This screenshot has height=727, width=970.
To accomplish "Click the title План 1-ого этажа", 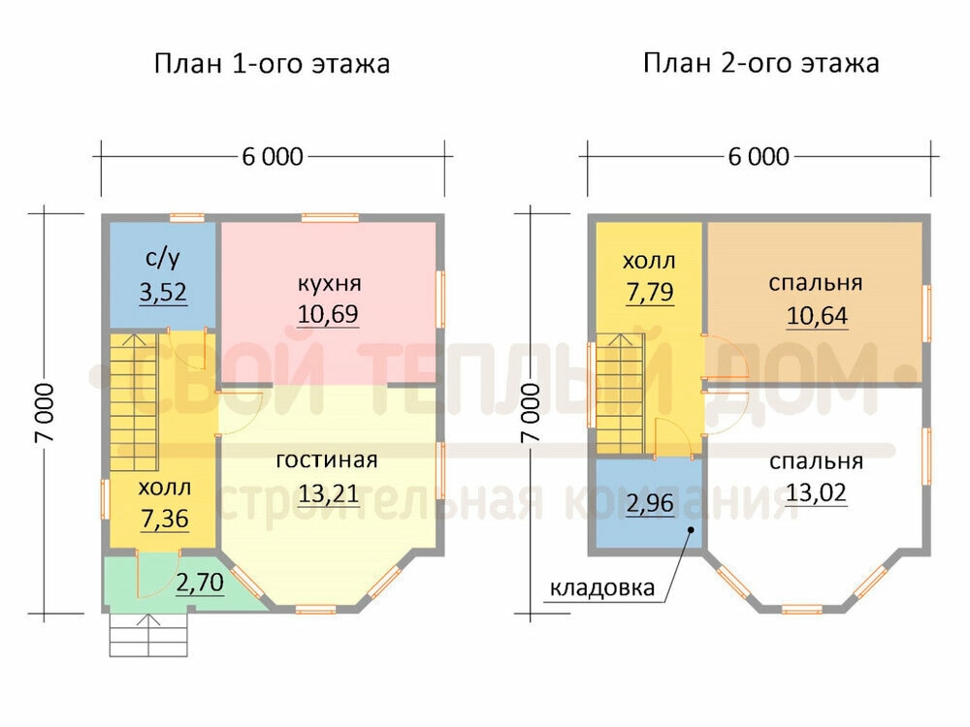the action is [x=272, y=64].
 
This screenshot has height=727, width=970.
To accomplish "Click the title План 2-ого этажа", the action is [x=760, y=63].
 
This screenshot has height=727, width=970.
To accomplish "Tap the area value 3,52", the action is [x=163, y=292].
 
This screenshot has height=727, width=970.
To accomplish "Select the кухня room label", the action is [x=329, y=284].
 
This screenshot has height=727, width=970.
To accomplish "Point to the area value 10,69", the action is [x=328, y=314].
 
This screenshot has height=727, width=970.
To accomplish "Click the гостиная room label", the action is [x=327, y=459].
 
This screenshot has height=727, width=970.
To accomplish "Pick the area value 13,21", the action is [x=329, y=493].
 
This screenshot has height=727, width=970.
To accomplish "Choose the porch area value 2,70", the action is [x=200, y=583].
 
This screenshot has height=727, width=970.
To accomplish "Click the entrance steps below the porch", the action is [x=148, y=635].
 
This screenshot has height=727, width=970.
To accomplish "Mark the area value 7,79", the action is [x=650, y=292].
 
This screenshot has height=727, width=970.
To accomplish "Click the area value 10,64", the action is [x=817, y=316].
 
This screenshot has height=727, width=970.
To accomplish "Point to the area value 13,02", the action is [x=816, y=492].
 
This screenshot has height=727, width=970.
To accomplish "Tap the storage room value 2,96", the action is [x=650, y=503].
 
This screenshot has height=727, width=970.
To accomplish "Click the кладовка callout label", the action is [x=602, y=587].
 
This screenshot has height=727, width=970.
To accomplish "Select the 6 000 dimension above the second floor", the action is [x=759, y=157].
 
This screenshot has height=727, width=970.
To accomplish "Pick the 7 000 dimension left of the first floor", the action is [x=46, y=412].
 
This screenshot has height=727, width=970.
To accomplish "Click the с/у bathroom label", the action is [x=163, y=259].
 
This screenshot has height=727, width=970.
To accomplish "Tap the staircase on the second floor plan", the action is [x=620, y=395].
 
